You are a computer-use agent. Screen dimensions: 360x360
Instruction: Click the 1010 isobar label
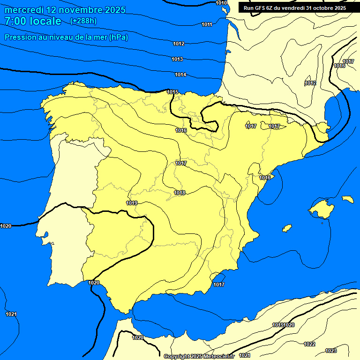(221, 3)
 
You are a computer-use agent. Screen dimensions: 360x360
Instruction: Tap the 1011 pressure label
(207, 24)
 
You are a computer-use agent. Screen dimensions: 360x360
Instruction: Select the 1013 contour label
(177, 60)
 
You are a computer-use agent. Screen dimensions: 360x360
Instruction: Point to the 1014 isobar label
(180, 75)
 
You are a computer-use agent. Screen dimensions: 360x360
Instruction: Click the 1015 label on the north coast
(172, 92)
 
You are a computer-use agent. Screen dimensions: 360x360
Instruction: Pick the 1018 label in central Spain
(180, 193)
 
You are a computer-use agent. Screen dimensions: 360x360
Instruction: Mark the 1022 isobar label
(309, 344)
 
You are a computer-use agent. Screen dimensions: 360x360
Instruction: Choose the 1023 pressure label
(331, 351)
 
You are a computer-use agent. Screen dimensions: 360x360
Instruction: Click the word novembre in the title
(80, 10)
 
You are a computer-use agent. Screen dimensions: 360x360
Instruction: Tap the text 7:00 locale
(33, 21)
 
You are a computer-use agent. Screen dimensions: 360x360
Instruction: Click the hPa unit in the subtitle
(118, 37)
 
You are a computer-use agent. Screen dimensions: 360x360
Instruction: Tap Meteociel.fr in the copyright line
(218, 356)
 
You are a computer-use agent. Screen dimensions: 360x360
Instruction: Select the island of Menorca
(348, 199)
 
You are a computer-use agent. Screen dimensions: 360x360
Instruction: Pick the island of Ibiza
(287, 228)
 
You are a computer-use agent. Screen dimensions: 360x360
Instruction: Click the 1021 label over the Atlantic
(11, 314)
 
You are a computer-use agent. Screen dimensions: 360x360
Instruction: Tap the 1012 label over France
(310, 83)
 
